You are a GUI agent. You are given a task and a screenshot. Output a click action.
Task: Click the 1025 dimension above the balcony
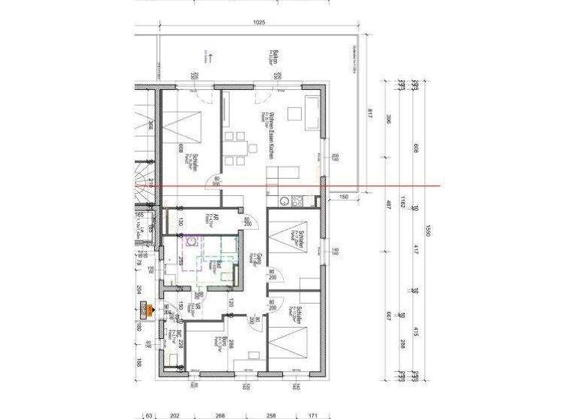259,22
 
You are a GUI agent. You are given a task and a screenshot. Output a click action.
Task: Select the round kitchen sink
284,201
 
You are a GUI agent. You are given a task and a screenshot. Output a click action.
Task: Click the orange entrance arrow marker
146,309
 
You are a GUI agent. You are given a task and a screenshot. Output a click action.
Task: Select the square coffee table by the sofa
292,114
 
